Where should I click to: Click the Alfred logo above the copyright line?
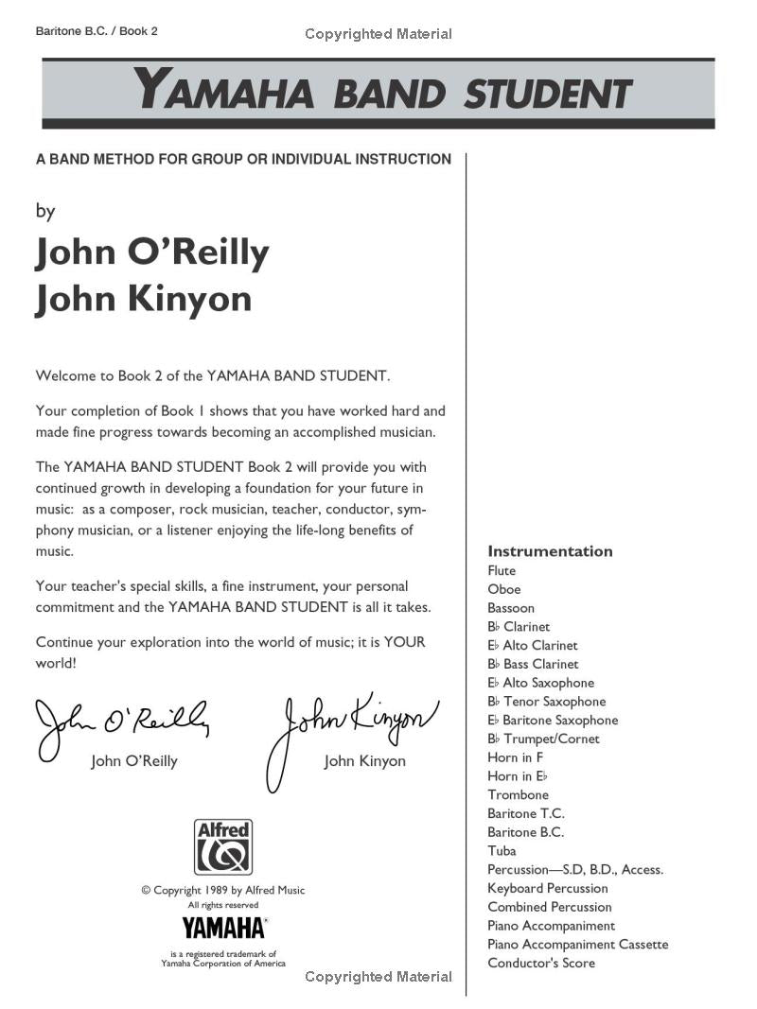[x=223, y=846]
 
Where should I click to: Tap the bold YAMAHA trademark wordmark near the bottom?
[x=223, y=926]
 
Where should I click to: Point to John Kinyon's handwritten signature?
[x=352, y=728]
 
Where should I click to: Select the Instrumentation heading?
[x=550, y=551]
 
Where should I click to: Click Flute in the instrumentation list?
[x=502, y=571]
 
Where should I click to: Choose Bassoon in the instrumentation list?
[x=511, y=608]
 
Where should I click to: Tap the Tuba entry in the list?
[x=502, y=851]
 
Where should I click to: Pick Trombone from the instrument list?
[x=518, y=795]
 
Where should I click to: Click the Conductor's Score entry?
[x=541, y=964]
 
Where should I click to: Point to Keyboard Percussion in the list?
[x=548, y=888]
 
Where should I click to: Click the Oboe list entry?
[x=504, y=589]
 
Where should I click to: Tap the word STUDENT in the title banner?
[x=548, y=95]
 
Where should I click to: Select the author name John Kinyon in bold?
[x=144, y=299]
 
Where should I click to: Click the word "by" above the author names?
[x=45, y=211]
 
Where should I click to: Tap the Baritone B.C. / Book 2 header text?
[x=96, y=31]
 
